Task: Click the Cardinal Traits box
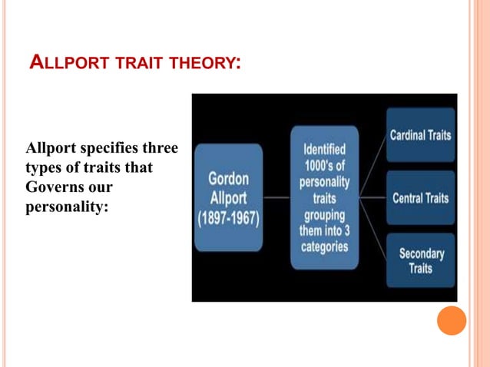click(x=420, y=135)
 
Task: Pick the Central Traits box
click(x=420, y=198)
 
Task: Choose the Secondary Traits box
click(x=420, y=260)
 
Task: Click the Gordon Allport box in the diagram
click(x=228, y=197)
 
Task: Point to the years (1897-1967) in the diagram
click(x=228, y=217)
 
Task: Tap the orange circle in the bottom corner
click(x=452, y=320)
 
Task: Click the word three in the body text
click(x=156, y=147)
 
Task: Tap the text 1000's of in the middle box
click(x=324, y=166)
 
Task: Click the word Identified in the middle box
click(x=324, y=150)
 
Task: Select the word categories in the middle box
click(x=324, y=247)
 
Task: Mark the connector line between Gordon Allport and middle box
click(x=276, y=197)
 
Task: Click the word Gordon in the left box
click(x=228, y=178)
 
